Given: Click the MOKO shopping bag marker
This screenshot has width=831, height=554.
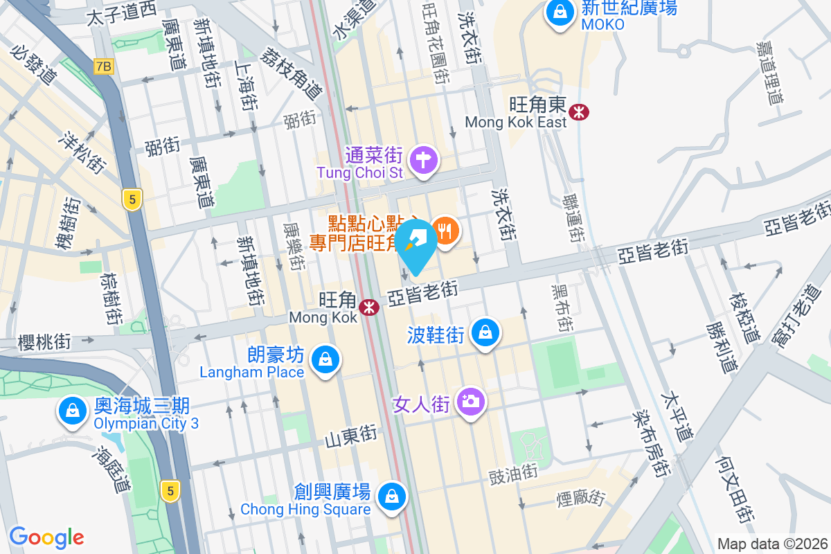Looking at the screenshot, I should tap(559, 12).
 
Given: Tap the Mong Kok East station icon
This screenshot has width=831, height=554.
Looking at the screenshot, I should tap(578, 111).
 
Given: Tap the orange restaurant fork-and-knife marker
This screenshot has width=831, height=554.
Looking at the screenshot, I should tap(445, 229).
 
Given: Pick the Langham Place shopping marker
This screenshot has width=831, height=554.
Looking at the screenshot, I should tap(324, 360).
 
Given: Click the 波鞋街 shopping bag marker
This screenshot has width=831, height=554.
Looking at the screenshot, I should tap(485, 333).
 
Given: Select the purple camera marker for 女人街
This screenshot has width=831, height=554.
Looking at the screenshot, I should tap(471, 401).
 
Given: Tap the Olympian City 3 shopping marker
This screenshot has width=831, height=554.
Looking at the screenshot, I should tap(72, 411).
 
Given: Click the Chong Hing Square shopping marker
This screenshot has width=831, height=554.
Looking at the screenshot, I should tap(392, 496).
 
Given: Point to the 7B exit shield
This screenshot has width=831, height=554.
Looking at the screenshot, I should tap(103, 66).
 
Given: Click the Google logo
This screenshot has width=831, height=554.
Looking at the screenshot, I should tap(47, 537).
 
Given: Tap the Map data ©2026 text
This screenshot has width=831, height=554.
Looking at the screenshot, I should tap(773, 544).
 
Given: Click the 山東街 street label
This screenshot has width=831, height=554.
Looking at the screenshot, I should tap(351, 436).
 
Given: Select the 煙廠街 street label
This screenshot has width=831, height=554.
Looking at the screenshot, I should tap(581, 498).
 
